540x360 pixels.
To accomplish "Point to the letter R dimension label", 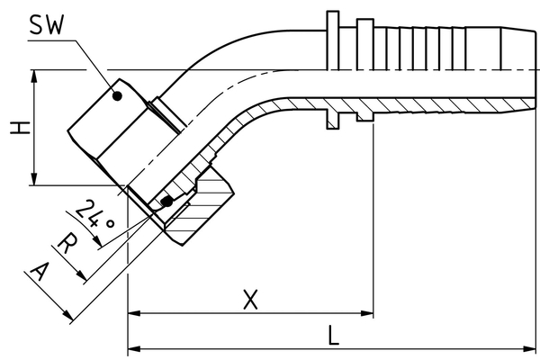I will point(67,243).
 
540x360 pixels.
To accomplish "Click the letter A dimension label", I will point(40,271).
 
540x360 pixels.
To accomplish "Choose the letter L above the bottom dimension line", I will point(333,336).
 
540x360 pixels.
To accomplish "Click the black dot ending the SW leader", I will point(119,94).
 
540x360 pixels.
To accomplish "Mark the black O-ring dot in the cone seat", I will point(166,202).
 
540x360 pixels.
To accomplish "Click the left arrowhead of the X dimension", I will point(134,313).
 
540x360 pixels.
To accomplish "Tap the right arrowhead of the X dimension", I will point(366,313).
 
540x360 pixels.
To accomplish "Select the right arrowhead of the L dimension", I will point(532,347).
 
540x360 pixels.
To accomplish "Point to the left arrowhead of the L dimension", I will point(134,347).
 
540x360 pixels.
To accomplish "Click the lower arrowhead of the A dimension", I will point(69,315).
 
